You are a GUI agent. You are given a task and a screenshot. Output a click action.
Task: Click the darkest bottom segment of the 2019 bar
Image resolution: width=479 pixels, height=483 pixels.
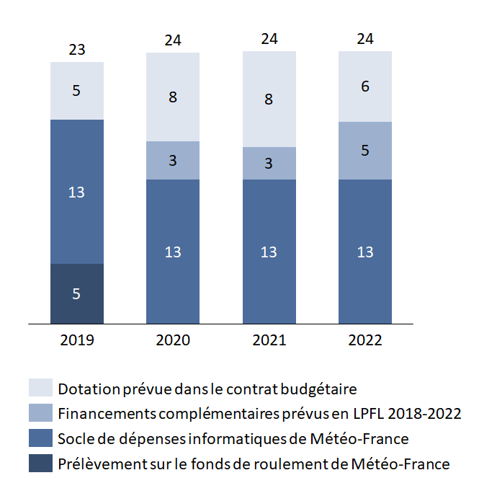(77, 294)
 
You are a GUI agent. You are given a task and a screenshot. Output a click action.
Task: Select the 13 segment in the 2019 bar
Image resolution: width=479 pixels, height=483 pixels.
(77, 192)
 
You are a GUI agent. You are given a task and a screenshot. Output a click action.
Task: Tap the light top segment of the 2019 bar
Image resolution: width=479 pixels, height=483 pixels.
(77, 91)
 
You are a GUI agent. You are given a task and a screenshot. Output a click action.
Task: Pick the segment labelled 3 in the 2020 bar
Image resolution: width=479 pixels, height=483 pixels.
(173, 160)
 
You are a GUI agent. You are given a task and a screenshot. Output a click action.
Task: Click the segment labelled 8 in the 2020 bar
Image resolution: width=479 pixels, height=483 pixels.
(173, 97)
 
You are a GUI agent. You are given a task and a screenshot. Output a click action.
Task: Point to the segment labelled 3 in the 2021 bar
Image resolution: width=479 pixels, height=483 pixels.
(269, 164)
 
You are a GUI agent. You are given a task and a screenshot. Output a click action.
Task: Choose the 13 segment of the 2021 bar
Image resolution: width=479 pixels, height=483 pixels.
(269, 252)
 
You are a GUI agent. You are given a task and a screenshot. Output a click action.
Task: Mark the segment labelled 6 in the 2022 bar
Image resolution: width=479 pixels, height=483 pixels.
(365, 87)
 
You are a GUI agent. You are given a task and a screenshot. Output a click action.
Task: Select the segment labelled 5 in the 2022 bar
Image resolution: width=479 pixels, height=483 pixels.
(365, 151)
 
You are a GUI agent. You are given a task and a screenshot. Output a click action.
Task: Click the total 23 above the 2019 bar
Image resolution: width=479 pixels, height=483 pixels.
(77, 50)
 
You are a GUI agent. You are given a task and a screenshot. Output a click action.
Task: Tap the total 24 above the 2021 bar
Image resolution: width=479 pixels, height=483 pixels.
(269, 40)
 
